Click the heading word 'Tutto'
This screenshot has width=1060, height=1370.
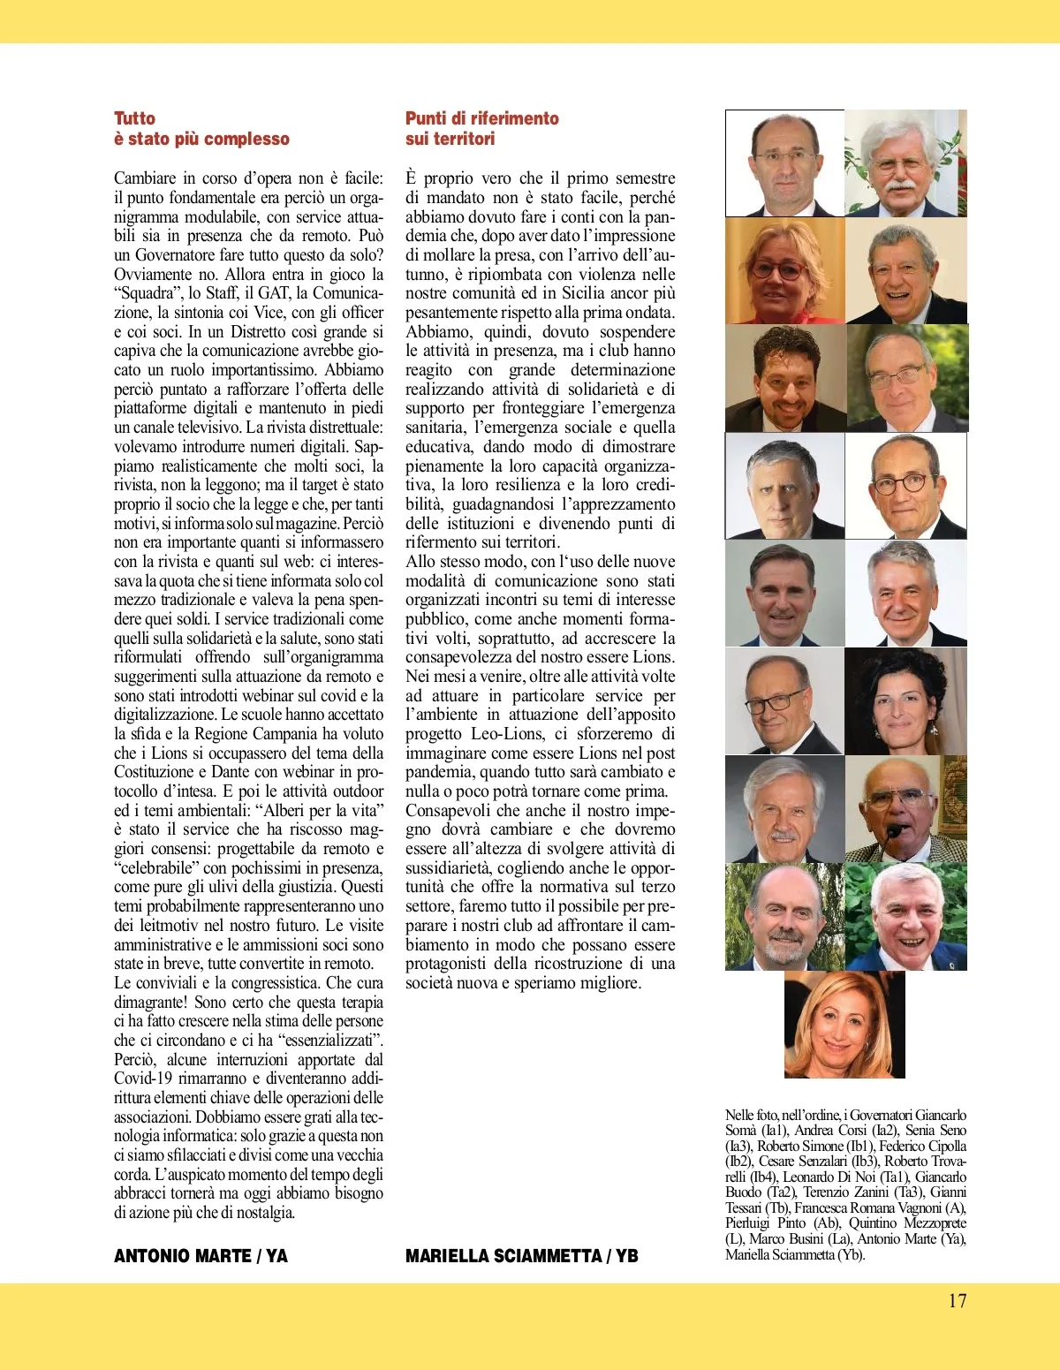134,118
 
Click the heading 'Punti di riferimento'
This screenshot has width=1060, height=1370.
481,118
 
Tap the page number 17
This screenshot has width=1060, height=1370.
957,1300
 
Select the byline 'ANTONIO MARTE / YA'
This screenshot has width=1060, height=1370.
201,1255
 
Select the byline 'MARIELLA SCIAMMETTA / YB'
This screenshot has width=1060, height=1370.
521,1255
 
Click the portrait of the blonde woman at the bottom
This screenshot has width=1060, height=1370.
844,1026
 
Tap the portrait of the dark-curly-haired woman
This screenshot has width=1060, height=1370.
905,702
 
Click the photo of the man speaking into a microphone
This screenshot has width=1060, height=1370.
905,810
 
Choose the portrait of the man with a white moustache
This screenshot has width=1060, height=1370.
905,163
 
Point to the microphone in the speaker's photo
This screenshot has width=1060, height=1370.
895,832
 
